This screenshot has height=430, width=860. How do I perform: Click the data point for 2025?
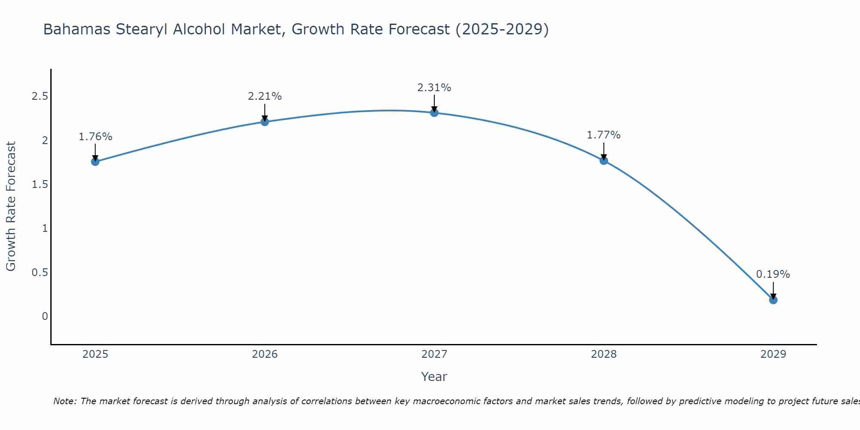tap(95, 162)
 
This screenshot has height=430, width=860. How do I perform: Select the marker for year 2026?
tap(264, 122)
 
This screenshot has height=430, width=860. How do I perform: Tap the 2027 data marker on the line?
tap(434, 113)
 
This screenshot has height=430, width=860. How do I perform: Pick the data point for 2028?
tap(604, 161)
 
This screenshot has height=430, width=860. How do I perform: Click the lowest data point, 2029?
tap(773, 300)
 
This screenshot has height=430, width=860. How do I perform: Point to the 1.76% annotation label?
tap(95, 137)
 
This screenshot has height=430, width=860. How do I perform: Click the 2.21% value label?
tap(264, 96)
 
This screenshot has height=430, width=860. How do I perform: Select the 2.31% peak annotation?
tap(434, 88)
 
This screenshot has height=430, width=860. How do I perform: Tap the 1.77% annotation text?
tap(604, 135)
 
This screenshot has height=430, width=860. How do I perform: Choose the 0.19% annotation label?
tap(773, 274)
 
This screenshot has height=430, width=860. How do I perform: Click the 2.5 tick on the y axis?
tap(40, 96)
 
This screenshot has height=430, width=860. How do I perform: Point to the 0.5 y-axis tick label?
tap(40, 273)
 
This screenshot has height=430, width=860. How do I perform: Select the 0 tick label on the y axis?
tap(45, 316)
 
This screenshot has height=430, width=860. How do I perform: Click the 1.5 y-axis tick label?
tap(40, 184)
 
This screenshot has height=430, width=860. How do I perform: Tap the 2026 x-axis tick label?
tap(264, 354)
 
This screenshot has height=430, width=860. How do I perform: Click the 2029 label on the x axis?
tap(773, 354)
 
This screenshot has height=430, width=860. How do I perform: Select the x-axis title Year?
tap(434, 377)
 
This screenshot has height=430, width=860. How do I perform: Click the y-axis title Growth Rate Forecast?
tap(11, 206)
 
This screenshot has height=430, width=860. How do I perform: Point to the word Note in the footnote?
tap(64, 401)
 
